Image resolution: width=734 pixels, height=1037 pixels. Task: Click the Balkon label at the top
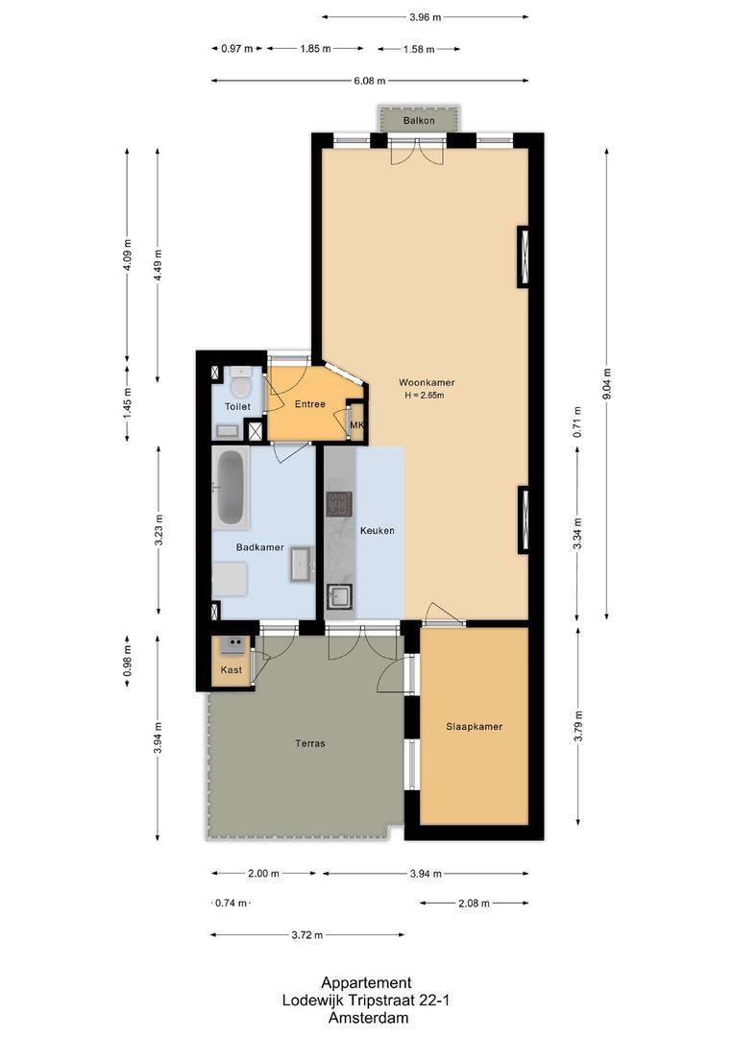click(x=419, y=121)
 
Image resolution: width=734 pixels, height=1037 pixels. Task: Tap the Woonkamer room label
click(x=427, y=382)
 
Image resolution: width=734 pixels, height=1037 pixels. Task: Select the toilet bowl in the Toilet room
click(x=242, y=386)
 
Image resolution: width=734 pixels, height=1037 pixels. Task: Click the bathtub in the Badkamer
click(x=230, y=488)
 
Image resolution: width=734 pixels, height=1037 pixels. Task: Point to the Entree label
click(x=309, y=404)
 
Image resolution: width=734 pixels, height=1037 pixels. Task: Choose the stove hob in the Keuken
click(x=339, y=503)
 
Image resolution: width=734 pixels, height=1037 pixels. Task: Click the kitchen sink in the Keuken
click(x=339, y=596)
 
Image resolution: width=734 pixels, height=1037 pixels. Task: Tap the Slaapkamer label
click(x=474, y=727)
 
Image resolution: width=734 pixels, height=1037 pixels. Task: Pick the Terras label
click(x=309, y=743)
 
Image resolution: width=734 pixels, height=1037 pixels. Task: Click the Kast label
click(x=231, y=669)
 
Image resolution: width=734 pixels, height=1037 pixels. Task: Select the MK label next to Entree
click(x=356, y=425)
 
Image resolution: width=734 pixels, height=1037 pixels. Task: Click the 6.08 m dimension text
click(x=369, y=82)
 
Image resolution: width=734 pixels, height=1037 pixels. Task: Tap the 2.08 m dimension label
click(x=473, y=904)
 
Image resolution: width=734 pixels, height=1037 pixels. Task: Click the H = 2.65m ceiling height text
click(x=428, y=396)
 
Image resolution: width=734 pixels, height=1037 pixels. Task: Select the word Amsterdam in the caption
click(x=366, y=1018)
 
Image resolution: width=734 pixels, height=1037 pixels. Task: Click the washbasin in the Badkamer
click(x=302, y=564)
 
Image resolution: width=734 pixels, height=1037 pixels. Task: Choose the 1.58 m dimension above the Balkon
click(x=418, y=49)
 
